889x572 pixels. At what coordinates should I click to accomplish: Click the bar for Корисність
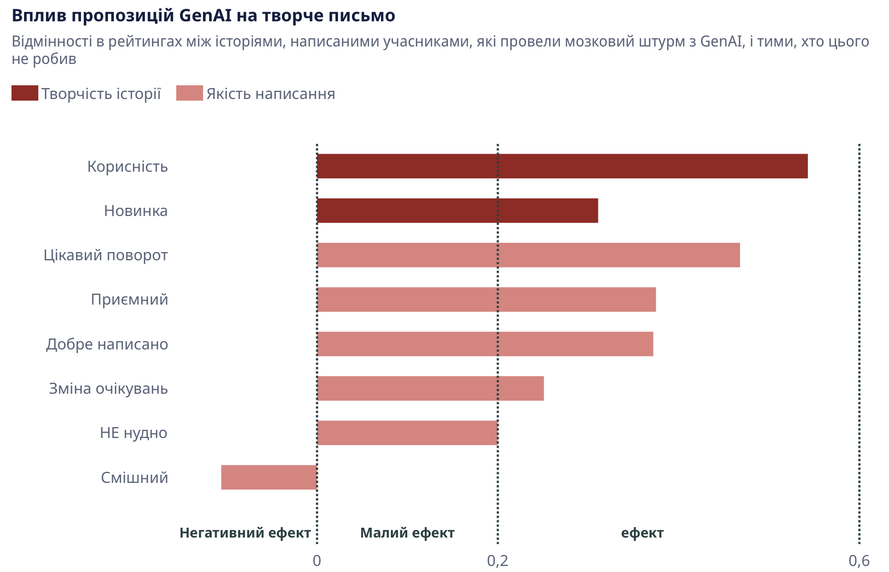pyautogui.click(x=562, y=166)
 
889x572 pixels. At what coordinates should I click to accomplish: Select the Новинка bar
pyautogui.click(x=458, y=211)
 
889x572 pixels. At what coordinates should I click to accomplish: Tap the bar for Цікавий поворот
pyautogui.click(x=528, y=255)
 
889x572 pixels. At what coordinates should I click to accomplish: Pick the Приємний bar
pyautogui.click(x=486, y=300)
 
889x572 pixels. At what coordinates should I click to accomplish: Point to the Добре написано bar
pyautogui.click(x=485, y=344)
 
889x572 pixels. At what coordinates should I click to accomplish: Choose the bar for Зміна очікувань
pyautogui.click(x=430, y=388)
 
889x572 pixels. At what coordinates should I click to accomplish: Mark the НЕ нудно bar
pyautogui.click(x=407, y=433)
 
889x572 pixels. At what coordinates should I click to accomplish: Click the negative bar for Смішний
pyautogui.click(x=269, y=477)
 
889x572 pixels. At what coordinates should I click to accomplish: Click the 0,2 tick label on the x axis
pyautogui.click(x=497, y=561)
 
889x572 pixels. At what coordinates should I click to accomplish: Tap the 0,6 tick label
pyautogui.click(x=859, y=561)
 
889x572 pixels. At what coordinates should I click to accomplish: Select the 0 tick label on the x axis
pyautogui.click(x=317, y=561)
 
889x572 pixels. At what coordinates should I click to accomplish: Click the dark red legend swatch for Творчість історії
pyautogui.click(x=25, y=94)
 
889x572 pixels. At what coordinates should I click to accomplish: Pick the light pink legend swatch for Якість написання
pyautogui.click(x=189, y=94)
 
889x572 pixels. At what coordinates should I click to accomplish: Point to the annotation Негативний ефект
pyautogui.click(x=245, y=533)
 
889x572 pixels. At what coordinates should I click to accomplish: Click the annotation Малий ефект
pyautogui.click(x=407, y=533)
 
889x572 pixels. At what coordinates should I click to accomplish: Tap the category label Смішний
pyautogui.click(x=135, y=478)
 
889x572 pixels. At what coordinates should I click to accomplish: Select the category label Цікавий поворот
pyautogui.click(x=106, y=255)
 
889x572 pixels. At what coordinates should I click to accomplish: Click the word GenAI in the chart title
pyautogui.click(x=205, y=16)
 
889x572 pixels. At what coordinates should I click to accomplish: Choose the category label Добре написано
pyautogui.click(x=107, y=345)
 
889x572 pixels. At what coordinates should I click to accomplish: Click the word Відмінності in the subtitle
pyautogui.click(x=52, y=42)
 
